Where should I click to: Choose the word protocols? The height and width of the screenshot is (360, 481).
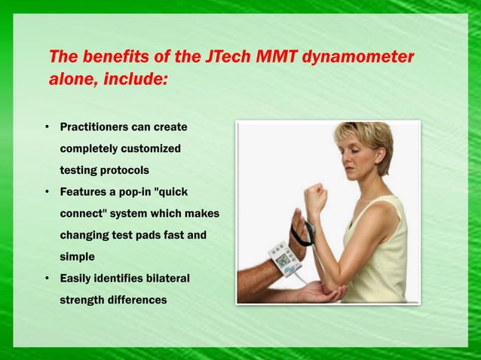(x=118, y=170)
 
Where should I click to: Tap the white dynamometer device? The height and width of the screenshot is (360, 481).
(x=282, y=257)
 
